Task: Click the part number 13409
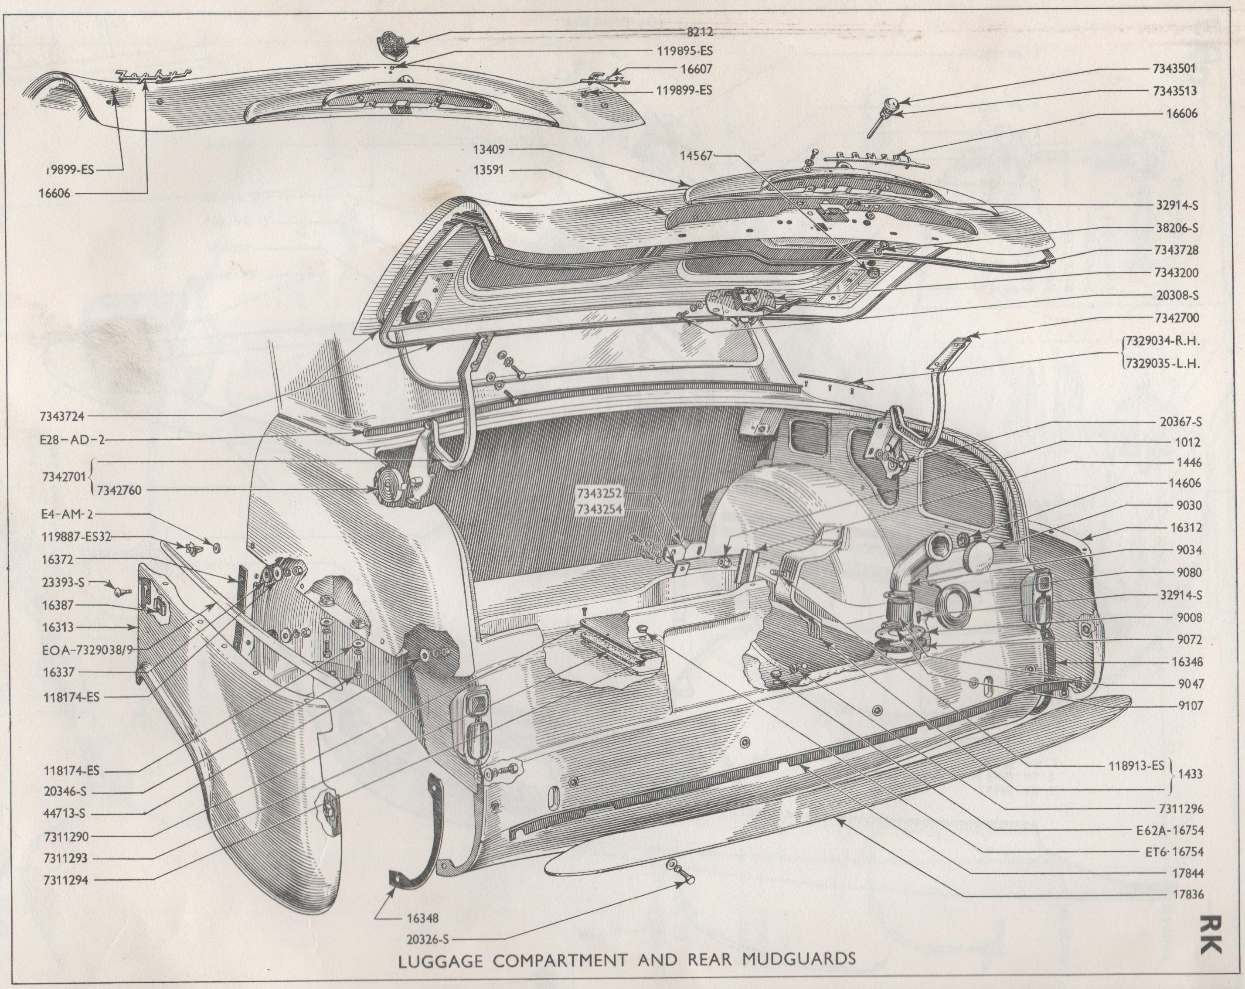pos(489,150)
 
